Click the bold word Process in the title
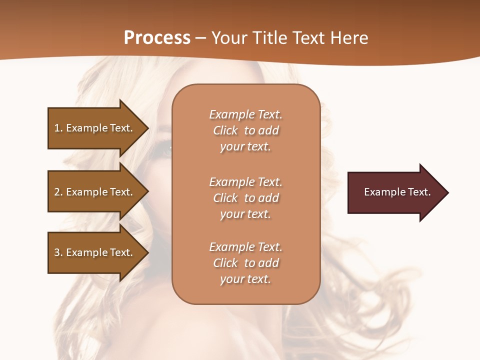[157, 38]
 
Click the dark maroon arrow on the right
[395, 192]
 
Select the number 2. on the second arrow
[58, 192]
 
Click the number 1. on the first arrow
[58, 128]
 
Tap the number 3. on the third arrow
[58, 252]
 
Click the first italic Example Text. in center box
[245, 114]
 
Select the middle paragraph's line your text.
[245, 214]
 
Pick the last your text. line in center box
[245, 279]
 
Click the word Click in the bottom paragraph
[225, 263]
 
